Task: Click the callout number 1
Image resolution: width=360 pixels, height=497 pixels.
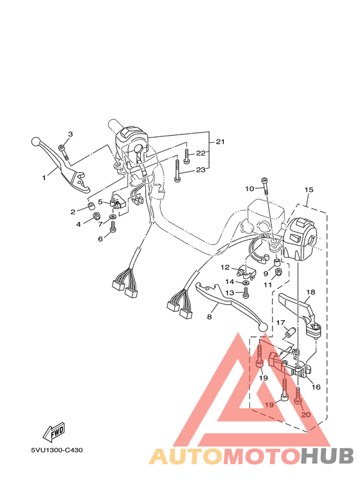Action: [45, 176]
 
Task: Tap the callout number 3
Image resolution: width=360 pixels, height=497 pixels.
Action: [71, 134]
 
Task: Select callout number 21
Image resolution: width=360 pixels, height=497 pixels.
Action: [219, 141]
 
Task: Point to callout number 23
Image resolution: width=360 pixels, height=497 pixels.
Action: [201, 170]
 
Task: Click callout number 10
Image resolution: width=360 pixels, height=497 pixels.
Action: [249, 189]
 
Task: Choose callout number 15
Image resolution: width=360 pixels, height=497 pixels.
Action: [309, 190]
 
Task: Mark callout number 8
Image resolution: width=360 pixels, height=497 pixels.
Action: [209, 317]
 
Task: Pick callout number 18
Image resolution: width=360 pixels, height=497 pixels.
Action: [310, 293]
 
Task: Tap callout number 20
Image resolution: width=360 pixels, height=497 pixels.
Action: [306, 415]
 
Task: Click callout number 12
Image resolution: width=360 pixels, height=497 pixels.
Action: [225, 267]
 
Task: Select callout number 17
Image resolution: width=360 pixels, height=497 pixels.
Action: [280, 323]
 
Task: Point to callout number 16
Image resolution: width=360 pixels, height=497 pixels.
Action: [316, 386]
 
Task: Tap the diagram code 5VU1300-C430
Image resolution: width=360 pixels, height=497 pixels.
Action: [57, 449]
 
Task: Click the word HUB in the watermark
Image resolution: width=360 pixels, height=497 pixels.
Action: [327, 456]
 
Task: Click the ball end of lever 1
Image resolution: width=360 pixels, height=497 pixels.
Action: [36, 141]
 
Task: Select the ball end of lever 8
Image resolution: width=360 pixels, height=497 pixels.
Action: [262, 327]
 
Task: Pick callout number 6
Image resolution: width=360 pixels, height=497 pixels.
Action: [100, 239]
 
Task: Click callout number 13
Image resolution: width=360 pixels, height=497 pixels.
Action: [229, 293]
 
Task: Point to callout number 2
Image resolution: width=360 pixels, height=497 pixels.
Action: [73, 212]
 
